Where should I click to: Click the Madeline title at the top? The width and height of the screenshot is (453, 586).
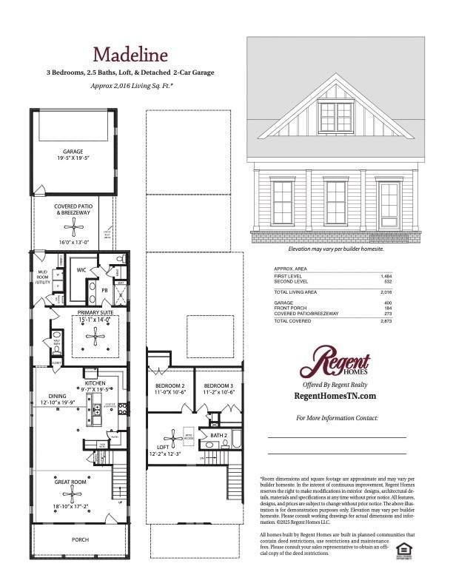[x=130, y=55]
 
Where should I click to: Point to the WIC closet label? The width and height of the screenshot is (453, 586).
[x=81, y=271]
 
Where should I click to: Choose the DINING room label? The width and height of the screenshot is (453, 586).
[x=58, y=397]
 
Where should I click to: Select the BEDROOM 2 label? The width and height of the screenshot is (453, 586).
[x=170, y=386]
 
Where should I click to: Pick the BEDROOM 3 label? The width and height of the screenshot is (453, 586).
[x=219, y=386]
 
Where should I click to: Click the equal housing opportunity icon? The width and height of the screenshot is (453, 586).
[x=403, y=548]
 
